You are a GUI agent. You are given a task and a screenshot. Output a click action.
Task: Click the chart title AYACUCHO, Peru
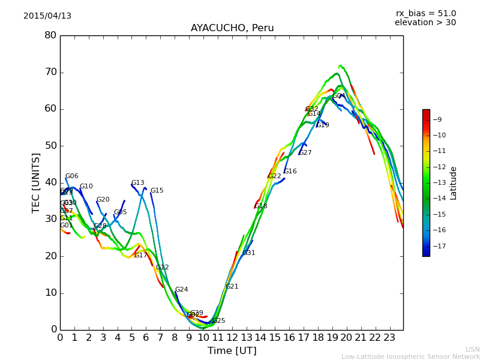[232, 28]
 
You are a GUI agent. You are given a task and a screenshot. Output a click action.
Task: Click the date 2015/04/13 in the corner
[47, 16]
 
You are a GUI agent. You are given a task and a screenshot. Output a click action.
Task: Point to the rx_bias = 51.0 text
[425, 14]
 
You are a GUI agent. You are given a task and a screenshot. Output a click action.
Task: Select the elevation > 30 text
[425, 23]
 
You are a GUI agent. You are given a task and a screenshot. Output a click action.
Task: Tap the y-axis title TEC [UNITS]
[36, 182]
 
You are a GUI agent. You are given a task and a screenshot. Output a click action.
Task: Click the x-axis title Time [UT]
[232, 351]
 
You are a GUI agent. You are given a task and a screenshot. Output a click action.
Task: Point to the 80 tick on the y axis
[50, 35]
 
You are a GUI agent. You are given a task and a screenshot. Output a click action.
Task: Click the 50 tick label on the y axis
[50, 146]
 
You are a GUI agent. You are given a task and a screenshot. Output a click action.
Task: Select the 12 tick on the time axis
[232, 337]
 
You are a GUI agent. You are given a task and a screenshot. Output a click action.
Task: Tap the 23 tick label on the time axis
[389, 337]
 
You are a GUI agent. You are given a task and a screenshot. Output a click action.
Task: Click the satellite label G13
[138, 183]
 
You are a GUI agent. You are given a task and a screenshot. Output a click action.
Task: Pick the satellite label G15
[157, 191]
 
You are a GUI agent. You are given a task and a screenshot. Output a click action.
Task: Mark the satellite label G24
[181, 290]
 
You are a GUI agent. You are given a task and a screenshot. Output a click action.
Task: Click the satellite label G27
[305, 153]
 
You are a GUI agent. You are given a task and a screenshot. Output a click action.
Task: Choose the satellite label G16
[290, 172]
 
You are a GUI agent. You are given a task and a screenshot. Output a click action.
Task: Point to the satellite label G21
[232, 287]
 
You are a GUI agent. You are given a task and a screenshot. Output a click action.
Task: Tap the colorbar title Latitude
[454, 183]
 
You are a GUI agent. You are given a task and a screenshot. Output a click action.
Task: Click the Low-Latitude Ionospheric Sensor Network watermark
[410, 357]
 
